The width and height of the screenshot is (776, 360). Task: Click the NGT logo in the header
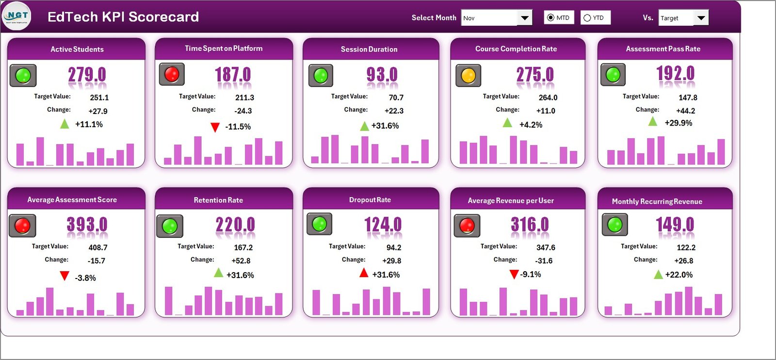(x=16, y=16)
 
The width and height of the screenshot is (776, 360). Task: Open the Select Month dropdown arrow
(x=524, y=18)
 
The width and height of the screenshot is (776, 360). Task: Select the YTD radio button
(x=587, y=18)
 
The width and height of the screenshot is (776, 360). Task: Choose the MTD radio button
(x=550, y=18)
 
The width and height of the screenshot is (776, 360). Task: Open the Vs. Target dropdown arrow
(x=701, y=18)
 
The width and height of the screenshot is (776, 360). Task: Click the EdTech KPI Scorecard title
(x=123, y=17)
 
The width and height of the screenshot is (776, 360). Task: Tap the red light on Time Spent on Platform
(x=172, y=74)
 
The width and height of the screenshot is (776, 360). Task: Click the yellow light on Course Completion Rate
(x=468, y=76)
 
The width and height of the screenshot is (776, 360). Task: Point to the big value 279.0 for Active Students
(x=87, y=75)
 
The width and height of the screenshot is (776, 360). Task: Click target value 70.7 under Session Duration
(x=396, y=98)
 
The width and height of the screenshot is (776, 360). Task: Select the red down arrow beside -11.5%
(x=215, y=128)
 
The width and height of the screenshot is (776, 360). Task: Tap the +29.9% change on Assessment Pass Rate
(x=678, y=123)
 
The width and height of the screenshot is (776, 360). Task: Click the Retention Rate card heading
(x=218, y=200)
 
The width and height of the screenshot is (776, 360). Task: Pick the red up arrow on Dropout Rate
(x=364, y=273)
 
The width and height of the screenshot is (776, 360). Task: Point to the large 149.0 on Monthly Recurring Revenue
(x=675, y=224)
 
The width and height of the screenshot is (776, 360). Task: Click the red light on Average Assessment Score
(x=22, y=226)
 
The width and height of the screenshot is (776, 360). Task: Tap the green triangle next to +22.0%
(x=658, y=275)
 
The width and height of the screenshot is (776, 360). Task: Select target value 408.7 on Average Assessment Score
(x=98, y=247)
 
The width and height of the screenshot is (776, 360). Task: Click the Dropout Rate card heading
(x=370, y=200)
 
